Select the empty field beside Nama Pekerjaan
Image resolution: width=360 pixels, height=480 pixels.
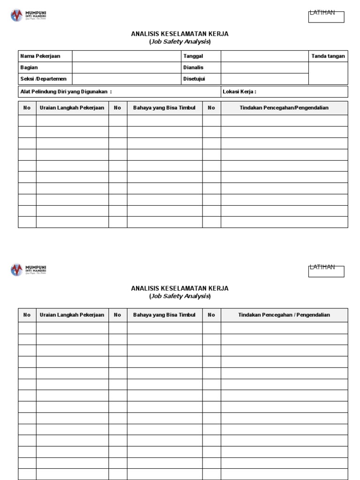pos(127,56)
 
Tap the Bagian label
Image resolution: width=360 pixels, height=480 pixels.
pos(29,67)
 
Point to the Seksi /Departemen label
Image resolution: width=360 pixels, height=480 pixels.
pos(44,79)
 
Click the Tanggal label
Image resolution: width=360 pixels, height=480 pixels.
pos(193,56)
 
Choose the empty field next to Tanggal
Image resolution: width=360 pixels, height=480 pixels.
pos(264,56)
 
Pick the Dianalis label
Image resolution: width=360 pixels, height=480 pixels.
pos(194,67)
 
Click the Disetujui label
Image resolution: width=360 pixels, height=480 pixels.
pos(194,79)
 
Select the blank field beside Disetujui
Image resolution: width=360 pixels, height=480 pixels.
pos(264,79)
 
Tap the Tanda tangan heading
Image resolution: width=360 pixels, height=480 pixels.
pos(328,56)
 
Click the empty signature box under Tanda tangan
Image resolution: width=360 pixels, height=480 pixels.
pos(328,73)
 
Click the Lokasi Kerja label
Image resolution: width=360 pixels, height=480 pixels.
pos(240,91)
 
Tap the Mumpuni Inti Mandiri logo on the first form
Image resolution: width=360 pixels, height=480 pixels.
pos(29,15)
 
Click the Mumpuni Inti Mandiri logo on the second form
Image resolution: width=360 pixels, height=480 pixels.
pos(29,270)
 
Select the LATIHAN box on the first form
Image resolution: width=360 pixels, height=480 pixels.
pos(326,17)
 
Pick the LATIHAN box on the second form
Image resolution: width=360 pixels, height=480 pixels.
pos(326,271)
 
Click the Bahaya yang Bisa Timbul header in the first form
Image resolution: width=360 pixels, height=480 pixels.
pos(164,108)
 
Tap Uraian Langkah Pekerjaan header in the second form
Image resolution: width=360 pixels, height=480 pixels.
pos(72,315)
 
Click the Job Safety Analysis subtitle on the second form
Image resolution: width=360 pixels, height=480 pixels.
pos(180,296)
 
